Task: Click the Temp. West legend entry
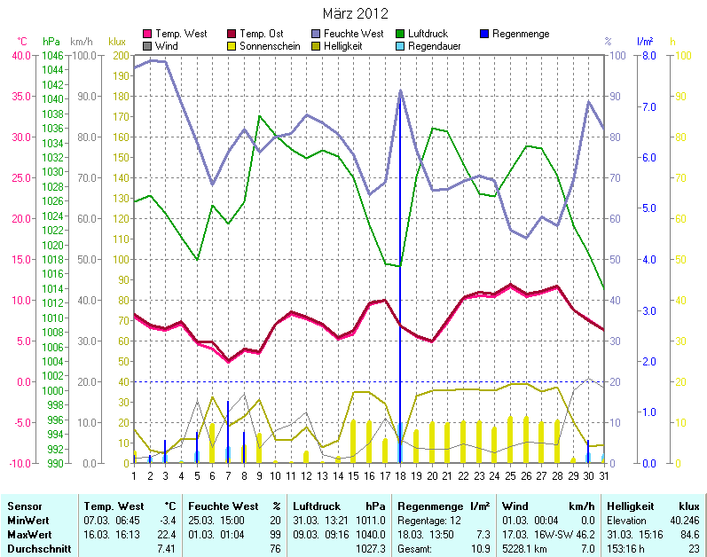181,34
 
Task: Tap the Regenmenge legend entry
520,34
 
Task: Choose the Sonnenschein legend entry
271,45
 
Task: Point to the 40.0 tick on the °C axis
20,55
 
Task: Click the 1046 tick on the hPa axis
52,55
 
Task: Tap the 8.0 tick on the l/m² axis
648,55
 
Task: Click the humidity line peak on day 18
400,90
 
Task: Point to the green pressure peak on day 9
259,116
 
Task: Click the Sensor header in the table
20,506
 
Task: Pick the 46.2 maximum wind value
584,534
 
